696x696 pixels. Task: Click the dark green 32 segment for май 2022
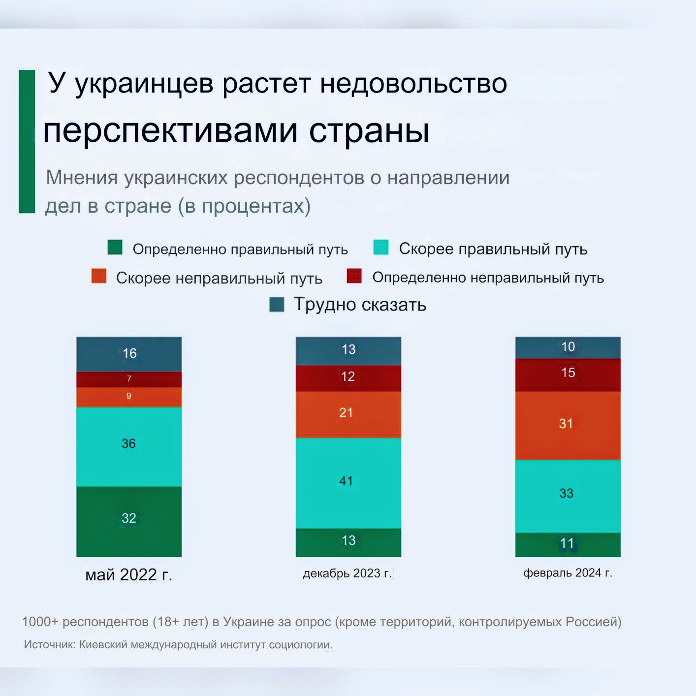pos(129,521)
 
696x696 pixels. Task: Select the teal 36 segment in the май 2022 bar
pos(129,446)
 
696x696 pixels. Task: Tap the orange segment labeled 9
pos(129,397)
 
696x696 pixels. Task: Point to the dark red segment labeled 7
pos(129,379)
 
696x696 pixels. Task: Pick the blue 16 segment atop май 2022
pos(129,353)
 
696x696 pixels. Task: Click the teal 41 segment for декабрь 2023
pos(348,482)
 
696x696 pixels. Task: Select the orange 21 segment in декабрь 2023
pos(348,414)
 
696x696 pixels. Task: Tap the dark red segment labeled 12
pos(348,378)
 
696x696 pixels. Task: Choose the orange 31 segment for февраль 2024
pos(568,425)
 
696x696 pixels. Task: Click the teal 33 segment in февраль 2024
pos(568,496)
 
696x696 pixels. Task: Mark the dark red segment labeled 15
pos(568,374)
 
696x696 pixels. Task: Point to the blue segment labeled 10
pos(568,348)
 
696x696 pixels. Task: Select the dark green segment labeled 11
pos(568,544)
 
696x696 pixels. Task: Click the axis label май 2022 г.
pos(129,574)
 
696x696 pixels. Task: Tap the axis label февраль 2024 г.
pos(568,573)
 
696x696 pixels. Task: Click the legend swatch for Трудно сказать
pos(277,305)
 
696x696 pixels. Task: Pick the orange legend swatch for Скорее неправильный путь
pos(99,276)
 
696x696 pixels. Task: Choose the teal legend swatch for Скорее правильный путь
pos(381,248)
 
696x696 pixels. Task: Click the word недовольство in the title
pos(413,84)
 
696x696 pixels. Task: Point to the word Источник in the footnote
pos(49,644)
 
